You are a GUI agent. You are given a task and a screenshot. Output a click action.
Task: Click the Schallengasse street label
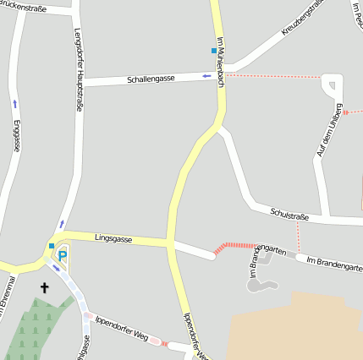tap(151, 79)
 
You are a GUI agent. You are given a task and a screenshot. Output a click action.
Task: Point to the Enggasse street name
tap(16, 135)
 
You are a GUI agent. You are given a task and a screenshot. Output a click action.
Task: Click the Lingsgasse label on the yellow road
tap(113, 239)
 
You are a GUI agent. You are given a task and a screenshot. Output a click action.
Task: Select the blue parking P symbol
tap(62, 256)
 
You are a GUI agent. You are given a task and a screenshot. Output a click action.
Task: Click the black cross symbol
tap(44, 288)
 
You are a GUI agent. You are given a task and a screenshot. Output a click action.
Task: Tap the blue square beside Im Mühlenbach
tap(214, 51)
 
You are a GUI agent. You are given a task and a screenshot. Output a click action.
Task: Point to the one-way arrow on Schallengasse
tap(206, 76)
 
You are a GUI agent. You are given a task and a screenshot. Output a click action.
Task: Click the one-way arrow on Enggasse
tap(14, 104)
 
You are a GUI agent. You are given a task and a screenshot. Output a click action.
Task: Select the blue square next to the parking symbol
tap(52, 246)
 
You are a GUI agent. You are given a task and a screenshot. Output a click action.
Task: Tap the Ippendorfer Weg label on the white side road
tap(123, 330)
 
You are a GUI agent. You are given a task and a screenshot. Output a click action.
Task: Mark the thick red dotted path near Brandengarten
tap(234, 247)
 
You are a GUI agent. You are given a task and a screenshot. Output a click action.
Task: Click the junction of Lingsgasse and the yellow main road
tap(171, 243)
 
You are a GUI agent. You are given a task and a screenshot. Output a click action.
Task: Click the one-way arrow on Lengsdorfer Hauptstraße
tap(61, 224)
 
